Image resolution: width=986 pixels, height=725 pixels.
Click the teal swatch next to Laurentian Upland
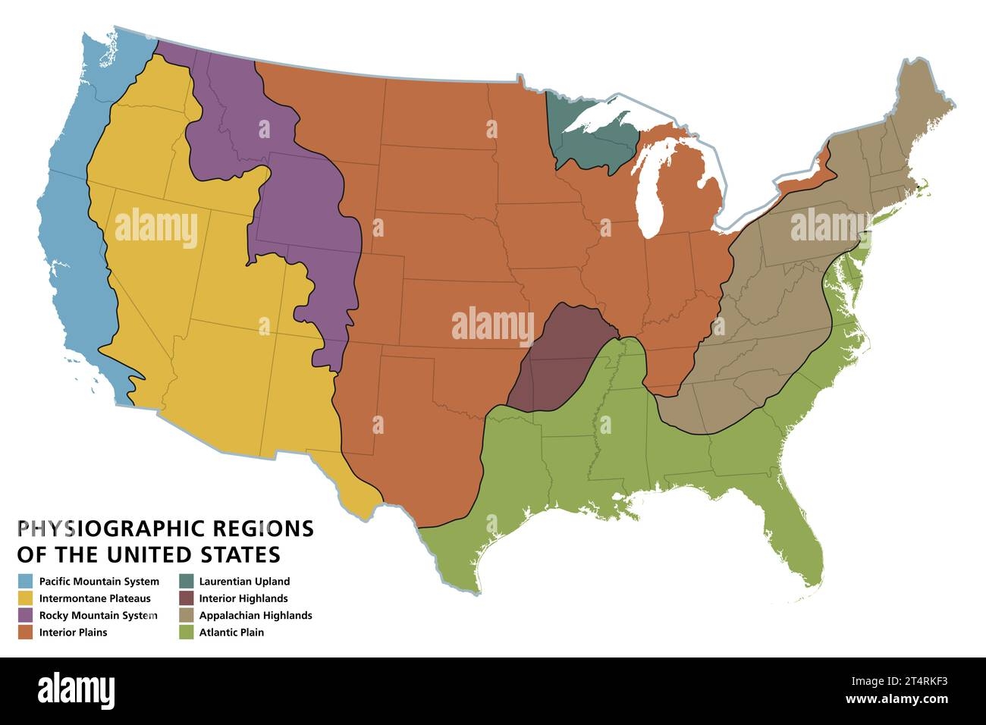coord(186,582)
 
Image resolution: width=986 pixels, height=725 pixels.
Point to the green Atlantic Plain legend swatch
coord(186,632)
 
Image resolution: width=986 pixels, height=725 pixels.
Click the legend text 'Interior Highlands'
coord(243,598)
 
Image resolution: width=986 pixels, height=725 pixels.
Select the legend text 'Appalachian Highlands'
coord(256,615)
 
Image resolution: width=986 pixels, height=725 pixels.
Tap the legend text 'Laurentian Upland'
coord(244,582)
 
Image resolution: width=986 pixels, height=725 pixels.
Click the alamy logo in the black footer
coord(76,690)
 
